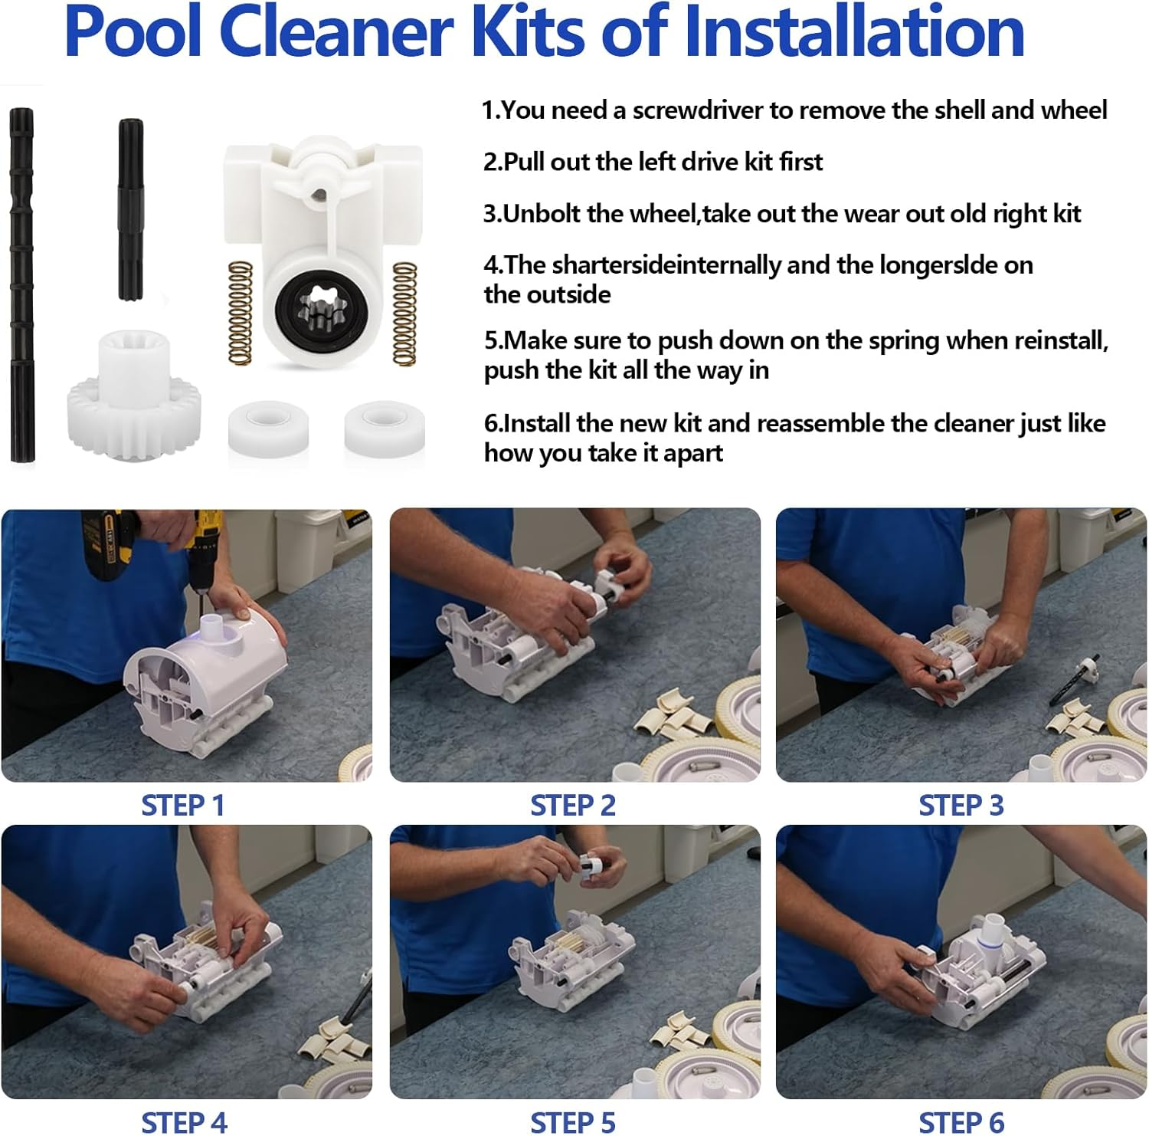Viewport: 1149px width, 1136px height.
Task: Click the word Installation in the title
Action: coord(853,32)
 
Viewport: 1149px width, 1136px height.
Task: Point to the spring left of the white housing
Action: coord(241,313)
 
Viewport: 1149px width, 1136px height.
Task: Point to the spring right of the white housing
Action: coord(404,313)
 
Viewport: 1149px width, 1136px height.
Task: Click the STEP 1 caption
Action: coord(183,806)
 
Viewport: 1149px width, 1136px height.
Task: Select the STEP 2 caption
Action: coord(573,806)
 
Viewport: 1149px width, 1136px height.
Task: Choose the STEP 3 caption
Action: coord(961,806)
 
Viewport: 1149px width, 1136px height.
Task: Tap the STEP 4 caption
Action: coord(184,1122)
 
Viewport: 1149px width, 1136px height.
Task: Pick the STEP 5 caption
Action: coord(573,1122)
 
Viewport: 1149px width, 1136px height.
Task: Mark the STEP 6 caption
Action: coord(961,1122)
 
